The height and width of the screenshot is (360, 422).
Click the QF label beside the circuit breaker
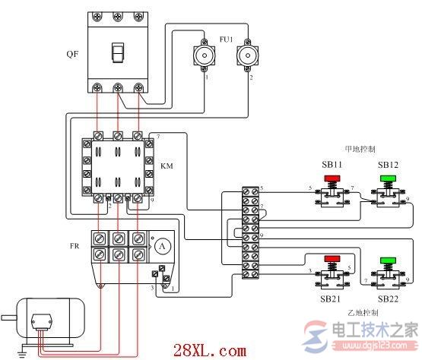(x=71, y=54)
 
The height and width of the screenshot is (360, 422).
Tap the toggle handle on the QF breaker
(x=118, y=52)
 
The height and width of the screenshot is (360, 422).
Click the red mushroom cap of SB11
(x=332, y=179)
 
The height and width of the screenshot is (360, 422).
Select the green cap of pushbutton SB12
(x=389, y=179)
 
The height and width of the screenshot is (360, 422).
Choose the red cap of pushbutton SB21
(x=332, y=261)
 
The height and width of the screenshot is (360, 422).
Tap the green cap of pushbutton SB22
(x=389, y=261)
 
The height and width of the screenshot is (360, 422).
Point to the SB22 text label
(x=387, y=299)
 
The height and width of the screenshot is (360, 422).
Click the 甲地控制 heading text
(x=359, y=149)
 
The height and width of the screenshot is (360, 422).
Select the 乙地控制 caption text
(x=362, y=313)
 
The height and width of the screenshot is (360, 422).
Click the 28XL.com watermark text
(x=221, y=351)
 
